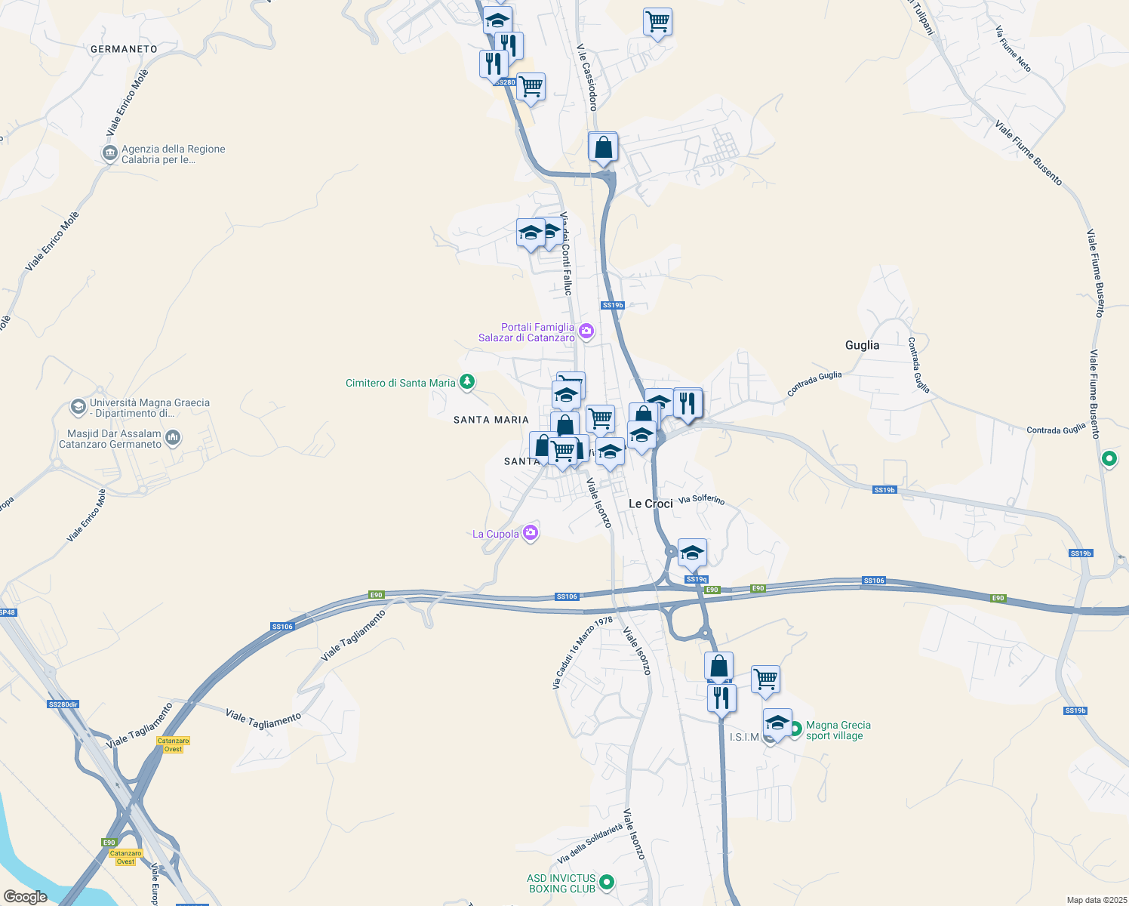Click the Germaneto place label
(x=124, y=49)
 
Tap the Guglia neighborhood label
(x=862, y=345)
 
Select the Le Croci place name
(x=651, y=504)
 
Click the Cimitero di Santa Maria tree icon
(x=467, y=382)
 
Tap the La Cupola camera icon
(x=531, y=533)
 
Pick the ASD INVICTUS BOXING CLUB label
(x=561, y=883)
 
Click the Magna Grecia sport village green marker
(x=794, y=729)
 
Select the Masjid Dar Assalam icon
(x=173, y=437)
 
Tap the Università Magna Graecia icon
(x=78, y=408)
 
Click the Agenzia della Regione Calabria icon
(x=109, y=154)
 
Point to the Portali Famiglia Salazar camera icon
(x=586, y=331)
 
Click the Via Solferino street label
(x=701, y=500)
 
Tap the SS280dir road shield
(x=63, y=704)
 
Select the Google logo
(x=25, y=897)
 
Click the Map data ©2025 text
(x=1095, y=900)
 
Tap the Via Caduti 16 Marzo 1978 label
(x=582, y=653)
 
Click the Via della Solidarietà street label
(x=590, y=844)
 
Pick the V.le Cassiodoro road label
(x=587, y=77)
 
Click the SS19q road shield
(x=696, y=580)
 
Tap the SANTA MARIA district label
(x=491, y=420)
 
